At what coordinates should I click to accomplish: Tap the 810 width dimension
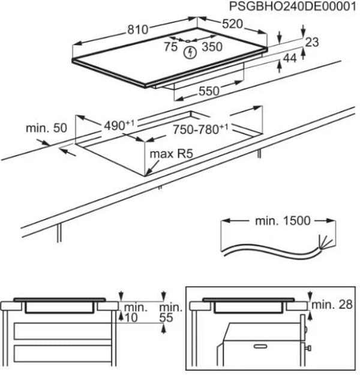tap(138, 28)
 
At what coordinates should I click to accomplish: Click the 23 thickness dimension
tap(311, 43)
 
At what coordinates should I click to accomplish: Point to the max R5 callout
tap(173, 154)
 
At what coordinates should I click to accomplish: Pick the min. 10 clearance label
tap(131, 312)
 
